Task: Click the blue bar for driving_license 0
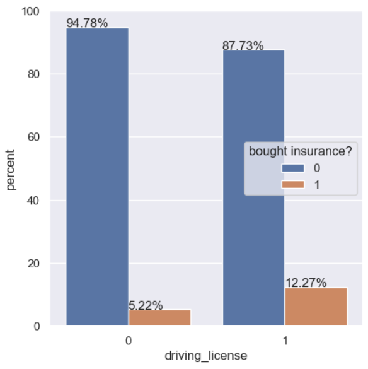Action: click(97, 177)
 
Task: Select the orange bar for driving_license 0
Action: click(159, 317)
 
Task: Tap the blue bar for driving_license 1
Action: click(253, 187)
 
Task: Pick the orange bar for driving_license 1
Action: click(316, 307)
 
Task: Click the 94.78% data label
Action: click(87, 23)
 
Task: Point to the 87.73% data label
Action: click(243, 46)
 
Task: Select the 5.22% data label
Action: click(146, 305)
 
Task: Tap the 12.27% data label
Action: click(306, 283)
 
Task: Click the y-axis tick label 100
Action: click(31, 11)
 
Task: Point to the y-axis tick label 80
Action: click(34, 74)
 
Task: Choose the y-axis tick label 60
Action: click(34, 138)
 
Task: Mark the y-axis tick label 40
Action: click(34, 201)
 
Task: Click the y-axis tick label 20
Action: click(34, 264)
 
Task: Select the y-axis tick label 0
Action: click(37, 326)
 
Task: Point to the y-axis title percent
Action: click(11, 169)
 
